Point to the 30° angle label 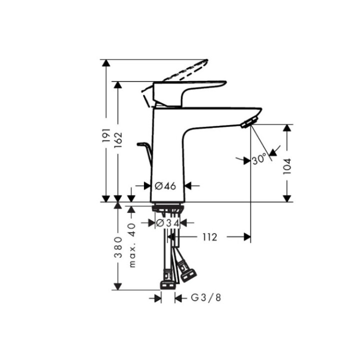coord(259,160)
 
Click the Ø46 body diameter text coord(165,185)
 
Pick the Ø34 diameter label coord(167,222)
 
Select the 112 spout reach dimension coord(210,237)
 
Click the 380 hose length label coord(118,245)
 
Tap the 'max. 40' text coord(132,245)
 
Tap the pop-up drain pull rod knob coord(141,145)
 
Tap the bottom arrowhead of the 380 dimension coord(118,286)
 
